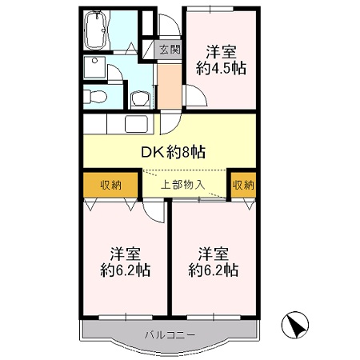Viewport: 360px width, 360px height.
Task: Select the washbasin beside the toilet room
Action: [141, 98]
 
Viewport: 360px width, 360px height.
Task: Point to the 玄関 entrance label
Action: [170, 50]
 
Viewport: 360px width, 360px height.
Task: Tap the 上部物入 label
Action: [183, 185]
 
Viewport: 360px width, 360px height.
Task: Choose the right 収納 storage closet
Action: [243, 185]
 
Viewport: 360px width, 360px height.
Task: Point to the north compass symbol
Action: [296, 326]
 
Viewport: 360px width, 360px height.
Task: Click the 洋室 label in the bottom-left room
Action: [125, 254]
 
